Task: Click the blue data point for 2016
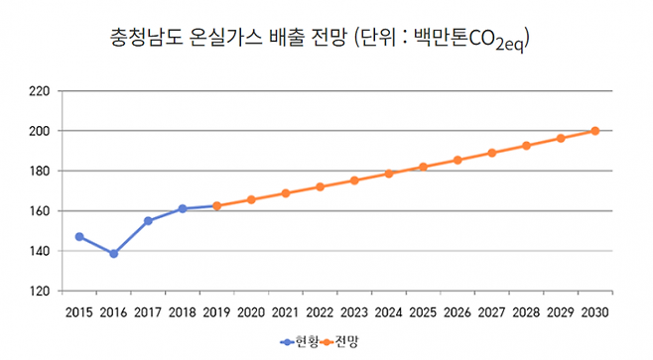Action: tap(114, 254)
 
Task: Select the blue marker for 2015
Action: tap(79, 236)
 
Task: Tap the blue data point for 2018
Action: tap(183, 208)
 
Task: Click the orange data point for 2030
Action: tap(595, 131)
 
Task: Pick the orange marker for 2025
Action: tap(424, 167)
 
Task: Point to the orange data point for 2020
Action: tap(251, 199)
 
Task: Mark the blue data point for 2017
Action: tap(148, 220)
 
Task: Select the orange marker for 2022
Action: tap(320, 186)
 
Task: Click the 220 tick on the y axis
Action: tap(40, 91)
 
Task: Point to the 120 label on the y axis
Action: tap(40, 292)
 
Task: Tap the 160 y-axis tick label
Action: tap(40, 211)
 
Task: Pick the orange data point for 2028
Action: tap(527, 146)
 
